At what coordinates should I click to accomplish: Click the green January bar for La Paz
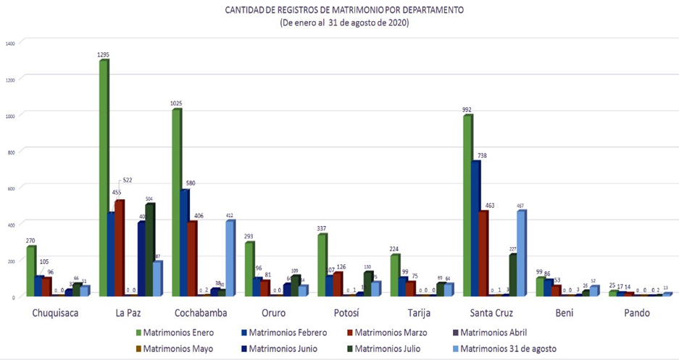104,177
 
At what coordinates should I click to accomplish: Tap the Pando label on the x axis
638,313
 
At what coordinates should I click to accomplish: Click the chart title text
344,11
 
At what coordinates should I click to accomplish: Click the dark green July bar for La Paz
149,249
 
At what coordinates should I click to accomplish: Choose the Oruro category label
271,313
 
